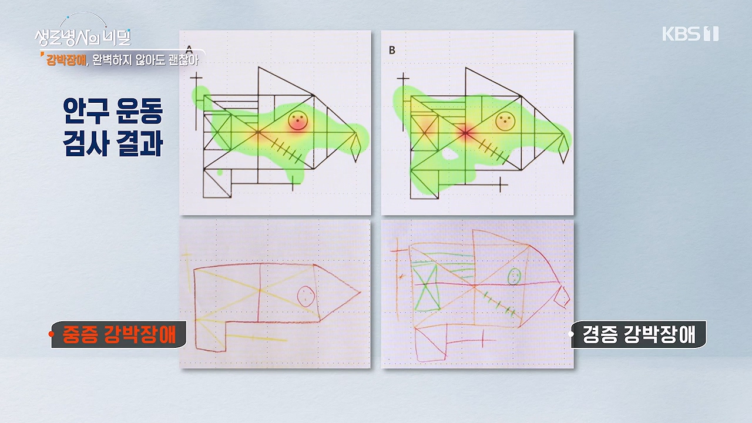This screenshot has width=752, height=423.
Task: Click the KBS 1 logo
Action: tap(690, 33)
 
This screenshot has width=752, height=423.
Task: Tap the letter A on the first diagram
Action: tap(189, 50)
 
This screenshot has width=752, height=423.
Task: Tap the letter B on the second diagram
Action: tap(392, 51)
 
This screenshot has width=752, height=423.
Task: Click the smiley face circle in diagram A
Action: tap(298, 120)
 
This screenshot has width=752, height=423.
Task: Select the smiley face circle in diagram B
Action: tap(505, 121)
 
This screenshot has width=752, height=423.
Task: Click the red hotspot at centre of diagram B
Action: tap(465, 133)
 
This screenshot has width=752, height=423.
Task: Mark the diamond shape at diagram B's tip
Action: tap(563, 149)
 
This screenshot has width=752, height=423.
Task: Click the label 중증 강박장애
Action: tap(119, 334)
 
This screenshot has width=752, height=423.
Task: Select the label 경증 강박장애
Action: tap(639, 334)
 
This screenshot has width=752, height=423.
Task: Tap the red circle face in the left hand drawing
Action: tap(306, 296)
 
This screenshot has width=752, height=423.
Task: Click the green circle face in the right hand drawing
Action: tap(514, 277)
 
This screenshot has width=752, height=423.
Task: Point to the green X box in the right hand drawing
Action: tap(426, 287)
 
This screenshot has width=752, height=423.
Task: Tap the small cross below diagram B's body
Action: tap(500, 184)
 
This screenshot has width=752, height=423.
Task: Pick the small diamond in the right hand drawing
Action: tap(562, 297)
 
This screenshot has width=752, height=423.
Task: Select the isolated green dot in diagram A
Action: tap(220, 173)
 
